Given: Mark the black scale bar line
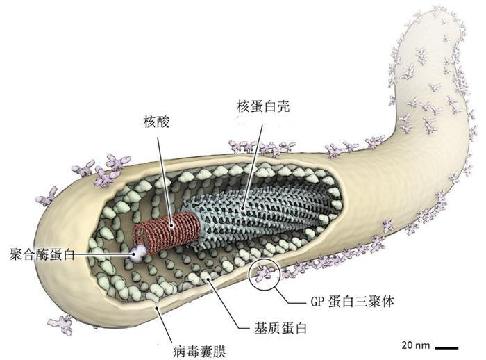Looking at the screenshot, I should pyautogui.click(x=448, y=345).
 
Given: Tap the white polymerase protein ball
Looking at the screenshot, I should pyautogui.click(x=140, y=251).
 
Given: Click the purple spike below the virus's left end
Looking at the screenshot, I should pyautogui.click(x=60, y=322).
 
